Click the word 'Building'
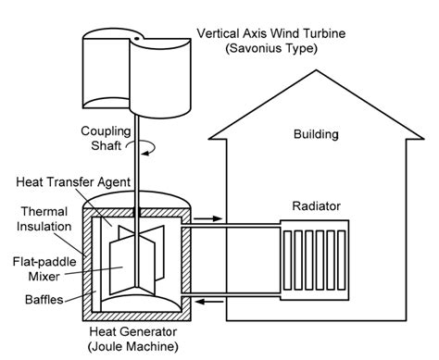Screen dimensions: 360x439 315,135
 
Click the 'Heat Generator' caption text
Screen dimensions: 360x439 136,331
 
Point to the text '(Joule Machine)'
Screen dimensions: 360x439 136,346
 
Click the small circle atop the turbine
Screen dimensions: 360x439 136,37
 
